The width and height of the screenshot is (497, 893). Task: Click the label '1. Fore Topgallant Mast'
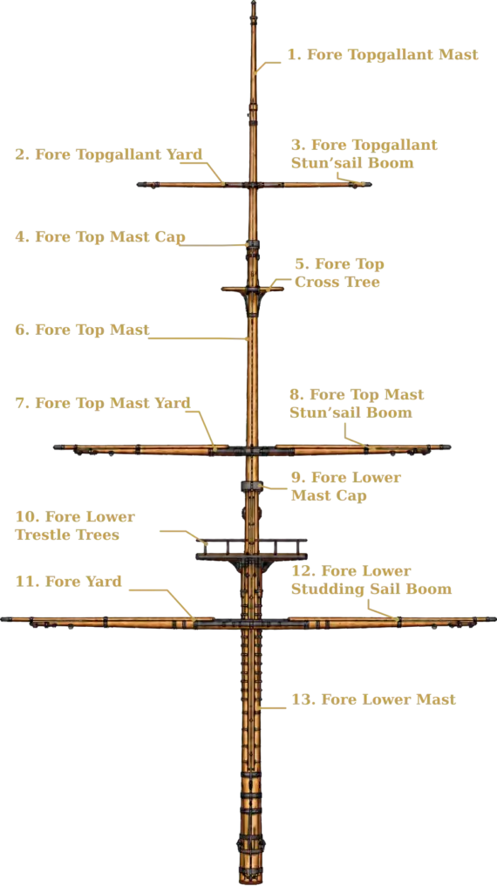(383, 55)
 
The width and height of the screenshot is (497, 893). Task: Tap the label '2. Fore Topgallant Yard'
(109, 154)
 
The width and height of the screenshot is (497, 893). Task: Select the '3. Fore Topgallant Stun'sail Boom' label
(364, 153)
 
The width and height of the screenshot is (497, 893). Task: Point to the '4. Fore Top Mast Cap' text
(100, 237)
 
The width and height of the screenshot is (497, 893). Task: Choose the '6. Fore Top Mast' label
(83, 330)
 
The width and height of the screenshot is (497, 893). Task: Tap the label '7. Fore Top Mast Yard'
(103, 403)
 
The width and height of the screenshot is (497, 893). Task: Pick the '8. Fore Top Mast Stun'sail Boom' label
(357, 403)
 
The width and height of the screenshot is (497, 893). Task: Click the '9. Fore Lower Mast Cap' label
(346, 487)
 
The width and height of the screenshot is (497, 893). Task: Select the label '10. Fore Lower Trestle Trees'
(75, 526)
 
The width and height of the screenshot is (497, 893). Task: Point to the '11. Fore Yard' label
(68, 582)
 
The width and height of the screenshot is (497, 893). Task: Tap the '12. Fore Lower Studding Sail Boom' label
(371, 580)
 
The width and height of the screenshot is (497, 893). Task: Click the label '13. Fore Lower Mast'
(373, 699)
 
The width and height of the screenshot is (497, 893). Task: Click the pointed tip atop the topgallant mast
(254, 3)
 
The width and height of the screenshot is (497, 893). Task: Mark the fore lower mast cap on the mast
(251, 486)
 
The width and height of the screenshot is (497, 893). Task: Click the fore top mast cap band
(252, 244)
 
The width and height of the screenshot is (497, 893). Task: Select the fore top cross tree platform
(252, 290)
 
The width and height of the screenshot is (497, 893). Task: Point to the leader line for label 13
(271, 708)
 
